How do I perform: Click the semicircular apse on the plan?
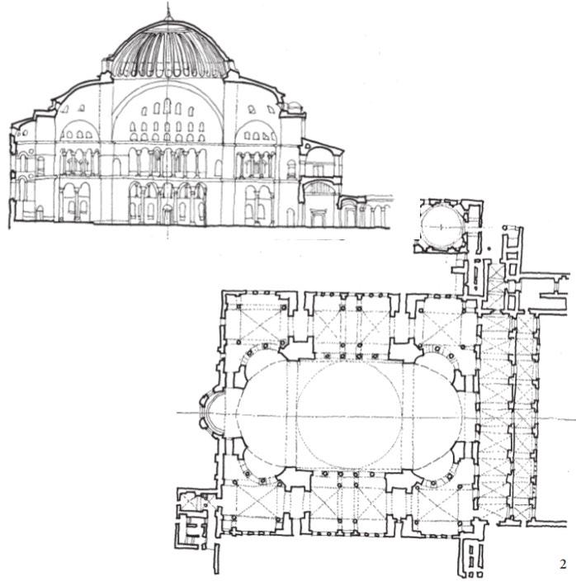click(x=210, y=413)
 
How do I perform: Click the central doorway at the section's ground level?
click(x=168, y=213)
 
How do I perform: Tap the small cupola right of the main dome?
click(x=295, y=107)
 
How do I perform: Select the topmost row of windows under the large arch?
click(x=168, y=108)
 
